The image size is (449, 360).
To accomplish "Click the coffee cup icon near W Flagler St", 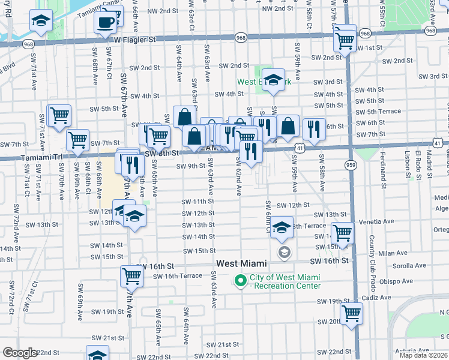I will (x=106, y=23).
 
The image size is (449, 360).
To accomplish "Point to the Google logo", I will (x=20, y=353).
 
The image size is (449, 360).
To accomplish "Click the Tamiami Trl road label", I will (x=41, y=157).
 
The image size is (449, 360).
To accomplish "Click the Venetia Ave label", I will (x=376, y=221).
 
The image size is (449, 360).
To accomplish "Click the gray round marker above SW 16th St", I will (x=284, y=253).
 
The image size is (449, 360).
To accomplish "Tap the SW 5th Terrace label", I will (x=378, y=112).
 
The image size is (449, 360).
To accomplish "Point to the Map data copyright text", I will (x=423, y=355).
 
